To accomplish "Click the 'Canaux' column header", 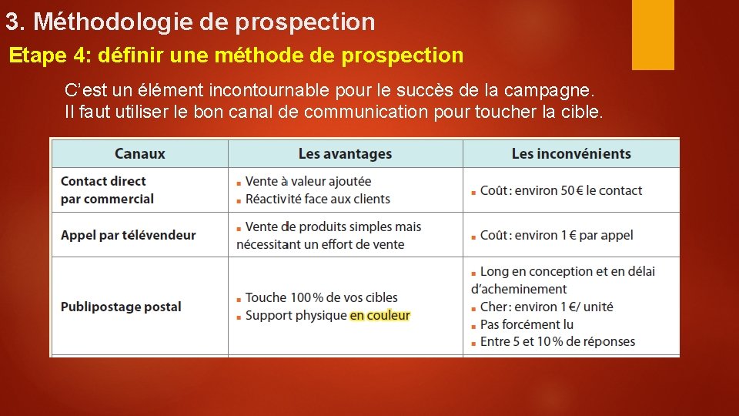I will pyautogui.click(x=139, y=153).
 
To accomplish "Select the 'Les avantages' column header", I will pyautogui.click(x=345, y=154).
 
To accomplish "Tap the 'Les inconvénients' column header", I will pyautogui.click(x=571, y=154).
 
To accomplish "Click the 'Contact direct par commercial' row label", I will pyautogui.click(x=107, y=190).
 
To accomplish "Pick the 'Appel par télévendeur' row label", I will pyautogui.click(x=128, y=235).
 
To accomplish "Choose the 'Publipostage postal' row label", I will pyautogui.click(x=121, y=307).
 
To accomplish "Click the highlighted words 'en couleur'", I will pyautogui.click(x=380, y=315).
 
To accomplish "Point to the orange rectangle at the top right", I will pyautogui.click(x=653, y=34).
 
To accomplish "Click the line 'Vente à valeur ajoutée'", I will pyautogui.click(x=308, y=181).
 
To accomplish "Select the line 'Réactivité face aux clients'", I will pyautogui.click(x=317, y=199).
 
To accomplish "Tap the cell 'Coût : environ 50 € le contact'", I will pyautogui.click(x=560, y=190).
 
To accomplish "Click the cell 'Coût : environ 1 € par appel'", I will pyautogui.click(x=556, y=235).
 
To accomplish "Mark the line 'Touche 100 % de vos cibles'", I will pyautogui.click(x=321, y=297).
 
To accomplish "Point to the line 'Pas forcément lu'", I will pyautogui.click(x=527, y=324).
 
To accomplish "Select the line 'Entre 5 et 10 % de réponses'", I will pyautogui.click(x=557, y=341).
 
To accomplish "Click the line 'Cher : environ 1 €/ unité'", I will pyautogui.click(x=547, y=307).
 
